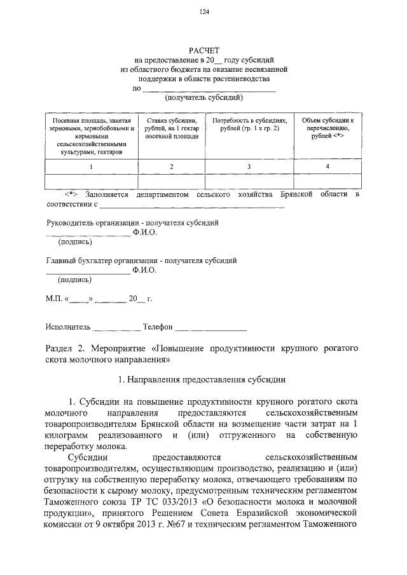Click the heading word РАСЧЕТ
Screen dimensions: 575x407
click(x=203, y=50)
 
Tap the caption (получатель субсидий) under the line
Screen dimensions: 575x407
click(x=203, y=98)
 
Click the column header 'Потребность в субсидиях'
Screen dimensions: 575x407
click(x=249, y=124)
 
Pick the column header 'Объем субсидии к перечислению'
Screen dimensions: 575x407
click(x=327, y=128)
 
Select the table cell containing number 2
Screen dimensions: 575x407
click(x=171, y=166)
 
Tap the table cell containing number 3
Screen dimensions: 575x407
click(x=249, y=166)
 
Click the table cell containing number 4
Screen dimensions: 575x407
click(x=327, y=166)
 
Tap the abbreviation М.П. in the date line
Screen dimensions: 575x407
click(x=53, y=298)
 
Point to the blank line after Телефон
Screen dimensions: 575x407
click(x=210, y=330)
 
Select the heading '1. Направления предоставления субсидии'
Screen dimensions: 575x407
click(x=203, y=380)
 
